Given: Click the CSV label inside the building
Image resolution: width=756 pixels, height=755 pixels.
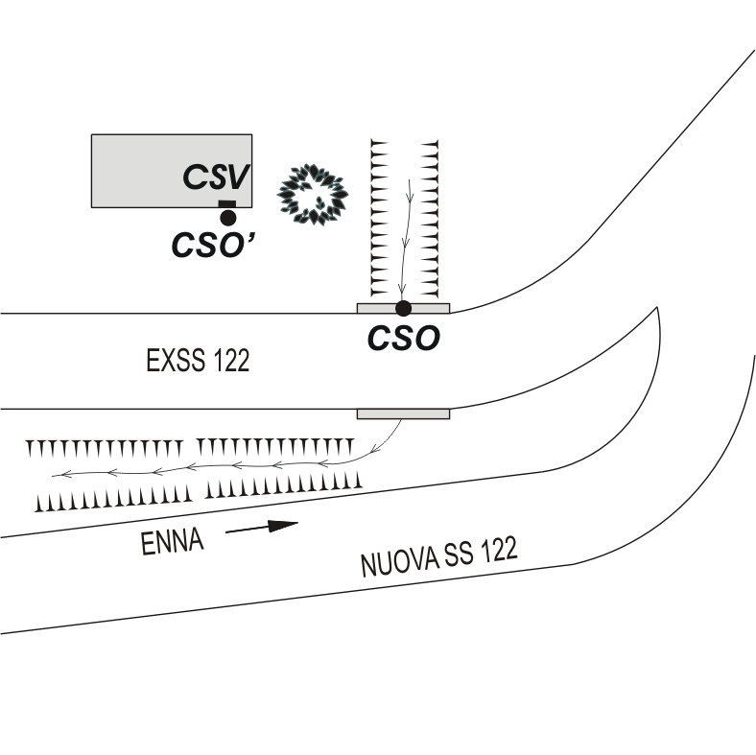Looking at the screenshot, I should pos(217,177).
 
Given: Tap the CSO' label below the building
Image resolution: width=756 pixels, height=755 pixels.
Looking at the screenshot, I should pos(217,246).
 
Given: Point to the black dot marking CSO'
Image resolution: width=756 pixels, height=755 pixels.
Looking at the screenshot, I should pos(228,218).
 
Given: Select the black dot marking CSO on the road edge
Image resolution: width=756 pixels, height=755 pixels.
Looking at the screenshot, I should pos(404,308).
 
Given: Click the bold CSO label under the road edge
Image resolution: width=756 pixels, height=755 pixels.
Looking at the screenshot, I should pos(404,339).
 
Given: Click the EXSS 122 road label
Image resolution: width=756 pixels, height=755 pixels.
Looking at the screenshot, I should pos(198,362).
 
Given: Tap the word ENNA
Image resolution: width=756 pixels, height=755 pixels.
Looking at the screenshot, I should pos(172,543).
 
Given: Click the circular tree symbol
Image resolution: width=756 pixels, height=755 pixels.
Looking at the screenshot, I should pos(312,193).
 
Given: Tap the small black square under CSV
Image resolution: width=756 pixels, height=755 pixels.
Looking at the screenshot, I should pos(227,203).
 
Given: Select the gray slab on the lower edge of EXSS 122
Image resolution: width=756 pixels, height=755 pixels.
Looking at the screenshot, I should pos(403,413).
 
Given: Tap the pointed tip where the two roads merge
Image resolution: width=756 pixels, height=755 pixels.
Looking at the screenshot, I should pos(657,310).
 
